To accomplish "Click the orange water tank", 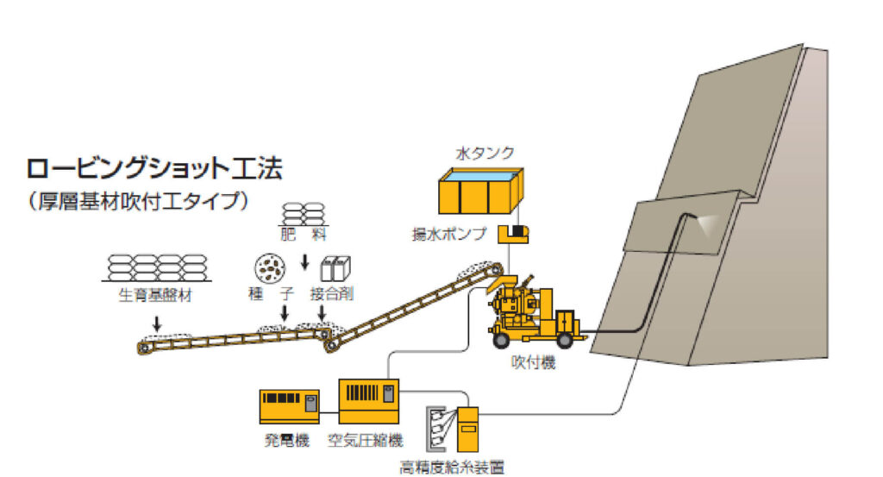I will pos(482,191).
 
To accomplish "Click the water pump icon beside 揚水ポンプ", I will pos(518,233).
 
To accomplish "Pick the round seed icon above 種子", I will pos(269,269).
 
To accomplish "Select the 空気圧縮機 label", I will pos(366,441).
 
